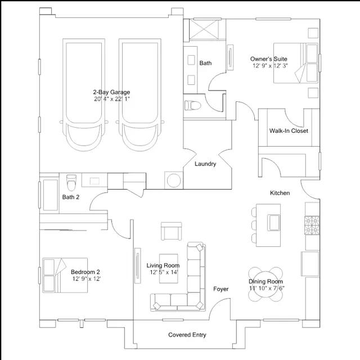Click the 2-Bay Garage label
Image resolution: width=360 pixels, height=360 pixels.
(x=111, y=92)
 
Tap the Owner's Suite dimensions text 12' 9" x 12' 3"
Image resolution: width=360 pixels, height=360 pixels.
(x=270, y=66)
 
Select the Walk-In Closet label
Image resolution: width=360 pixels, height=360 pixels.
(x=289, y=130)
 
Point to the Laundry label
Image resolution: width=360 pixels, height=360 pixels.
(x=205, y=164)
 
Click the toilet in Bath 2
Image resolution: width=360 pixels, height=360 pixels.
(x=71, y=182)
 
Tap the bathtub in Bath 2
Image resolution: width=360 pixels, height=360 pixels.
(x=51, y=195)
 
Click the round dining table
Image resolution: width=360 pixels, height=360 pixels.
(x=265, y=284)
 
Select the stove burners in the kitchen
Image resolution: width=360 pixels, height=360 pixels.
(x=312, y=225)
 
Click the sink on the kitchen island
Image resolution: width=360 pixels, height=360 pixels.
(x=274, y=223)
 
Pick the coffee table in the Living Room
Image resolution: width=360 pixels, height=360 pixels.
(x=169, y=268)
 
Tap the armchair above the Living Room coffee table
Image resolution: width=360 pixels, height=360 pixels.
(x=171, y=231)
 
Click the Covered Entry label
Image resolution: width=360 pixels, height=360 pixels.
(x=187, y=335)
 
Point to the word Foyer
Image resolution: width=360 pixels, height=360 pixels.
(x=221, y=289)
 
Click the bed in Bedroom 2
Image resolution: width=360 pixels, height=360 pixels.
(x=65, y=275)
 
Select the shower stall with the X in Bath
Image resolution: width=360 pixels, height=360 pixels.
(x=204, y=29)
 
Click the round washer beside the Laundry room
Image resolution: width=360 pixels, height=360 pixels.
(x=174, y=180)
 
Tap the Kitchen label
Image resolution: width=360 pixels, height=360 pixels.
(x=280, y=193)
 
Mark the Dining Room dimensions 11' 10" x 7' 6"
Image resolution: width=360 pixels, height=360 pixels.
(x=267, y=288)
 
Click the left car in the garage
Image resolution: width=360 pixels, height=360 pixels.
(x=84, y=94)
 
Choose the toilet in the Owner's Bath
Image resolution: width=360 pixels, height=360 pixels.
(x=192, y=105)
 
